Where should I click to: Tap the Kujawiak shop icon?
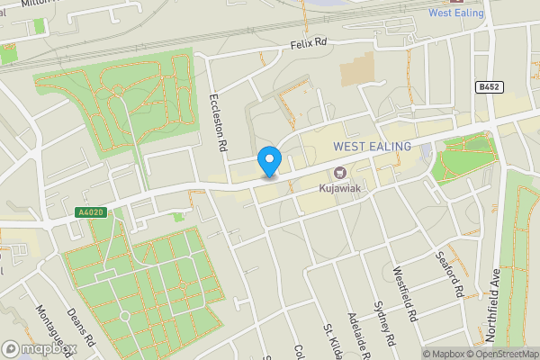pyautogui.click(x=339, y=173)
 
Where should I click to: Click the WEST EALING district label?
pyautogui.click(x=372, y=146)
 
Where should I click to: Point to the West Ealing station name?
pyautogui.click(x=455, y=13)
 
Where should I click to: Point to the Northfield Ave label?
pyautogui.click(x=493, y=305)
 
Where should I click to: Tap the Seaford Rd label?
pyautogui.click(x=452, y=274)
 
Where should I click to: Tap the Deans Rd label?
pyautogui.click(x=82, y=328)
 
